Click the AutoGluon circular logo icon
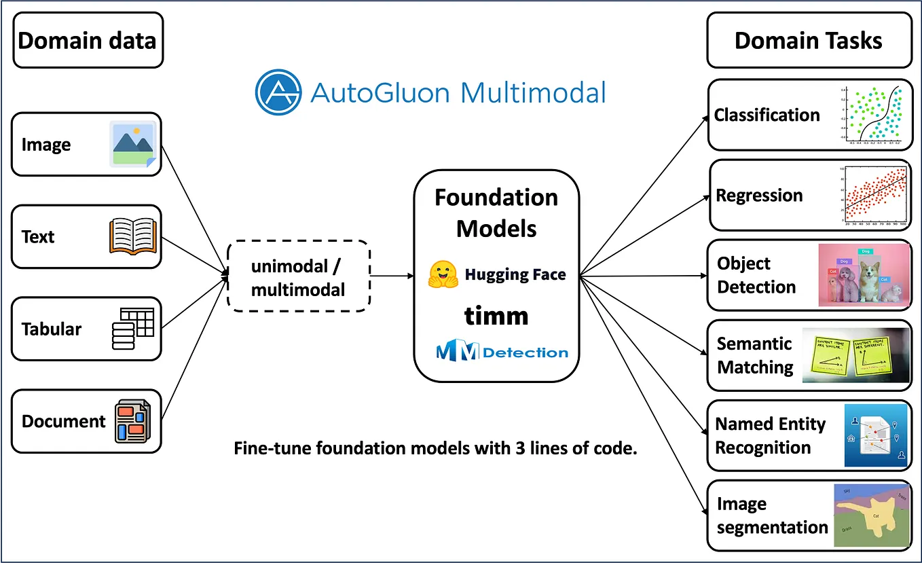(x=278, y=92)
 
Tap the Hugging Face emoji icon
(x=443, y=274)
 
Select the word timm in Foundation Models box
(x=496, y=315)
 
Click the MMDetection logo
(x=502, y=352)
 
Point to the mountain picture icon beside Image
(x=133, y=144)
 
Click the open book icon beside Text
(x=133, y=237)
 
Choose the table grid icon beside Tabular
(x=133, y=329)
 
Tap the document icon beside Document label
(x=132, y=421)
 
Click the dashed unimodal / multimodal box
(x=299, y=276)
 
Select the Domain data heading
(x=88, y=40)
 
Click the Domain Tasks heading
(x=808, y=40)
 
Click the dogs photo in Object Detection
(x=864, y=275)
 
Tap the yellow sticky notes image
(x=855, y=355)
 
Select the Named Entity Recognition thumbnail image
(x=875, y=435)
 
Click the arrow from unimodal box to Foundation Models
(x=392, y=276)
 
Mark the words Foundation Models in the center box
(x=496, y=213)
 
